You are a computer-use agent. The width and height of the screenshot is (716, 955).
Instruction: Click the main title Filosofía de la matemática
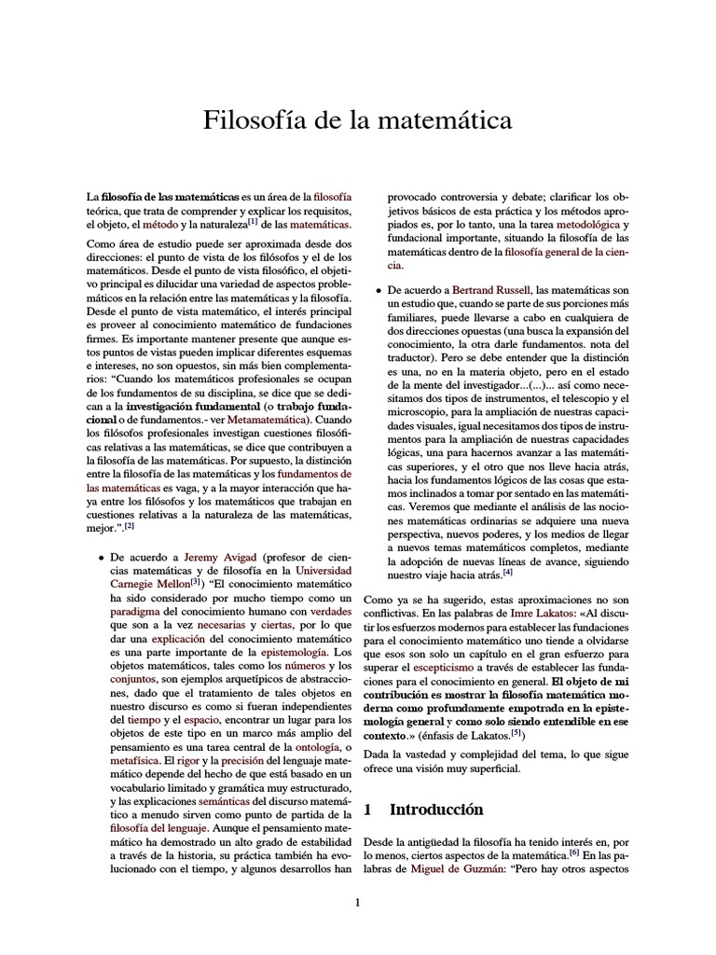(x=358, y=120)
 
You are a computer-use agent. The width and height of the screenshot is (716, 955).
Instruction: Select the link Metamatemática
(x=269, y=421)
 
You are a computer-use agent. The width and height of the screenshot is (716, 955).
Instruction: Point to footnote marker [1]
(x=280, y=223)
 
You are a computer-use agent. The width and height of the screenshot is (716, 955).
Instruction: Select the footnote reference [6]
(x=575, y=852)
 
